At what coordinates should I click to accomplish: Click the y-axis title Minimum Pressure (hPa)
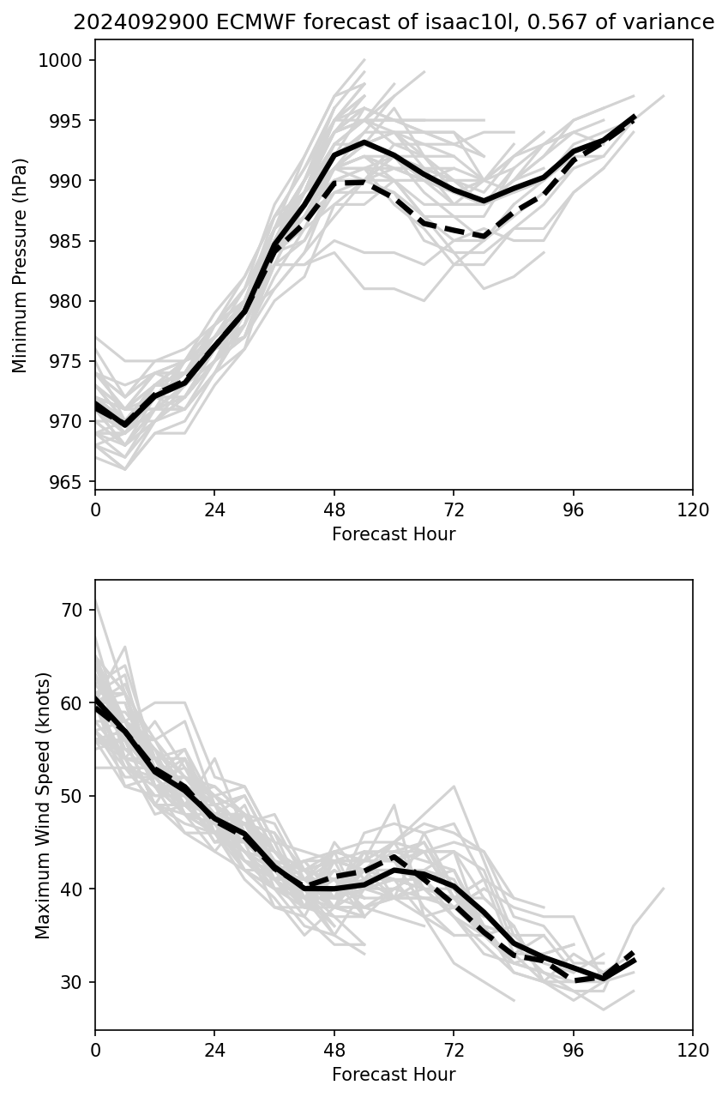(x=21, y=265)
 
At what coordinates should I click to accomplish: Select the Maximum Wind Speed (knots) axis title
(x=43, y=805)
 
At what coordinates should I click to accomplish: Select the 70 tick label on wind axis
(x=73, y=610)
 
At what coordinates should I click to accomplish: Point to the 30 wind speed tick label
(x=73, y=982)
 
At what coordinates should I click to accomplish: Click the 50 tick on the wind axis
(x=73, y=796)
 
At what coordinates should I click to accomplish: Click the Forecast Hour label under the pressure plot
(x=394, y=534)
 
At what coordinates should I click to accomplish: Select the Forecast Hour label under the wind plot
(x=394, y=1075)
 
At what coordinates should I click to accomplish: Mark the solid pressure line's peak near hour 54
(x=364, y=142)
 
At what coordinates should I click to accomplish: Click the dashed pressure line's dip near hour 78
(x=484, y=236)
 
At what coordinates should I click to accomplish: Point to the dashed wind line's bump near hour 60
(x=394, y=856)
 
